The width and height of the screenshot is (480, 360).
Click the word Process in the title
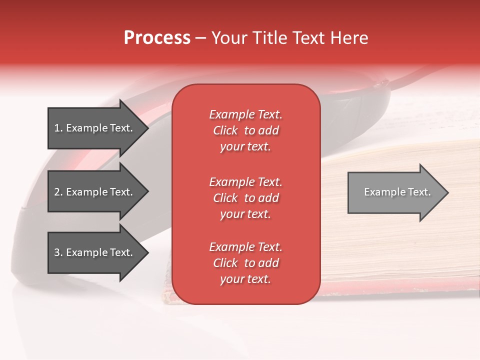click(157, 38)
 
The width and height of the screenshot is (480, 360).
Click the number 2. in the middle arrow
click(58, 192)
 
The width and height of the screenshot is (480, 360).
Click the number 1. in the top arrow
click(58, 128)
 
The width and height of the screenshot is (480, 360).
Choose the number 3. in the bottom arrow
click(58, 252)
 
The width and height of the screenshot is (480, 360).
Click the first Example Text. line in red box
click(245, 114)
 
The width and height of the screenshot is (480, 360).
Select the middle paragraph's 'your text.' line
click(245, 214)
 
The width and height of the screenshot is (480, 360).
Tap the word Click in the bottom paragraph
click(225, 263)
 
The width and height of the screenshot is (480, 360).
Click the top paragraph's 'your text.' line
click(245, 147)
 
